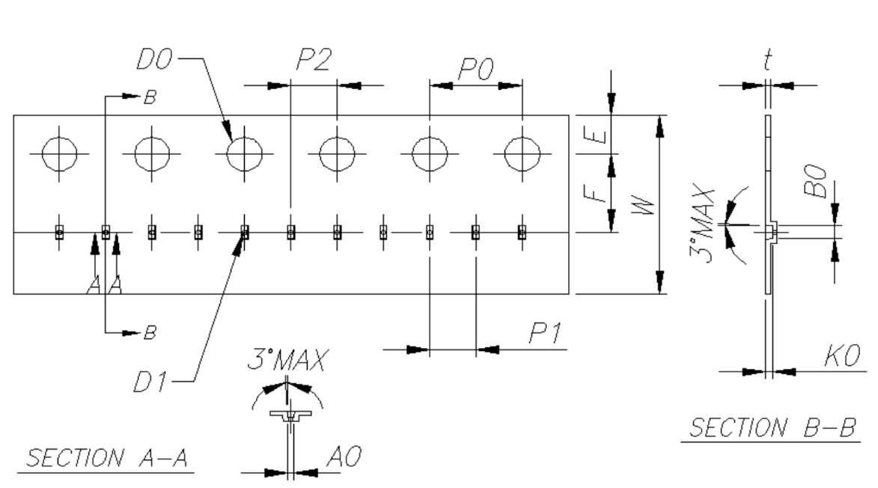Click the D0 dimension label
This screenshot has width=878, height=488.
[154, 59]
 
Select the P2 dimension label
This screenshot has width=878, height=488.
[314, 59]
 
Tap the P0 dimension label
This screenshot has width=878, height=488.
[476, 70]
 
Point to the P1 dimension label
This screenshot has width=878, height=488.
[546, 334]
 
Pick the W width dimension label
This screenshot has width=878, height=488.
[643, 205]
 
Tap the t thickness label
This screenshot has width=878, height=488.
[768, 60]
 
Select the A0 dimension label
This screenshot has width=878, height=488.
[344, 457]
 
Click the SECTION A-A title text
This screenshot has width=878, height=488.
[107, 458]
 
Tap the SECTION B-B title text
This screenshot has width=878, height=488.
[772, 428]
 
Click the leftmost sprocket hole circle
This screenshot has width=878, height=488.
[59, 153]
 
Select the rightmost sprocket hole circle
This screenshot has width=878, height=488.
[522, 153]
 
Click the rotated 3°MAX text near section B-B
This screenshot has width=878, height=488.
[703, 225]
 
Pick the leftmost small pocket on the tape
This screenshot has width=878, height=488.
[59, 232]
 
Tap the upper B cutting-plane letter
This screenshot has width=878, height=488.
[150, 97]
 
